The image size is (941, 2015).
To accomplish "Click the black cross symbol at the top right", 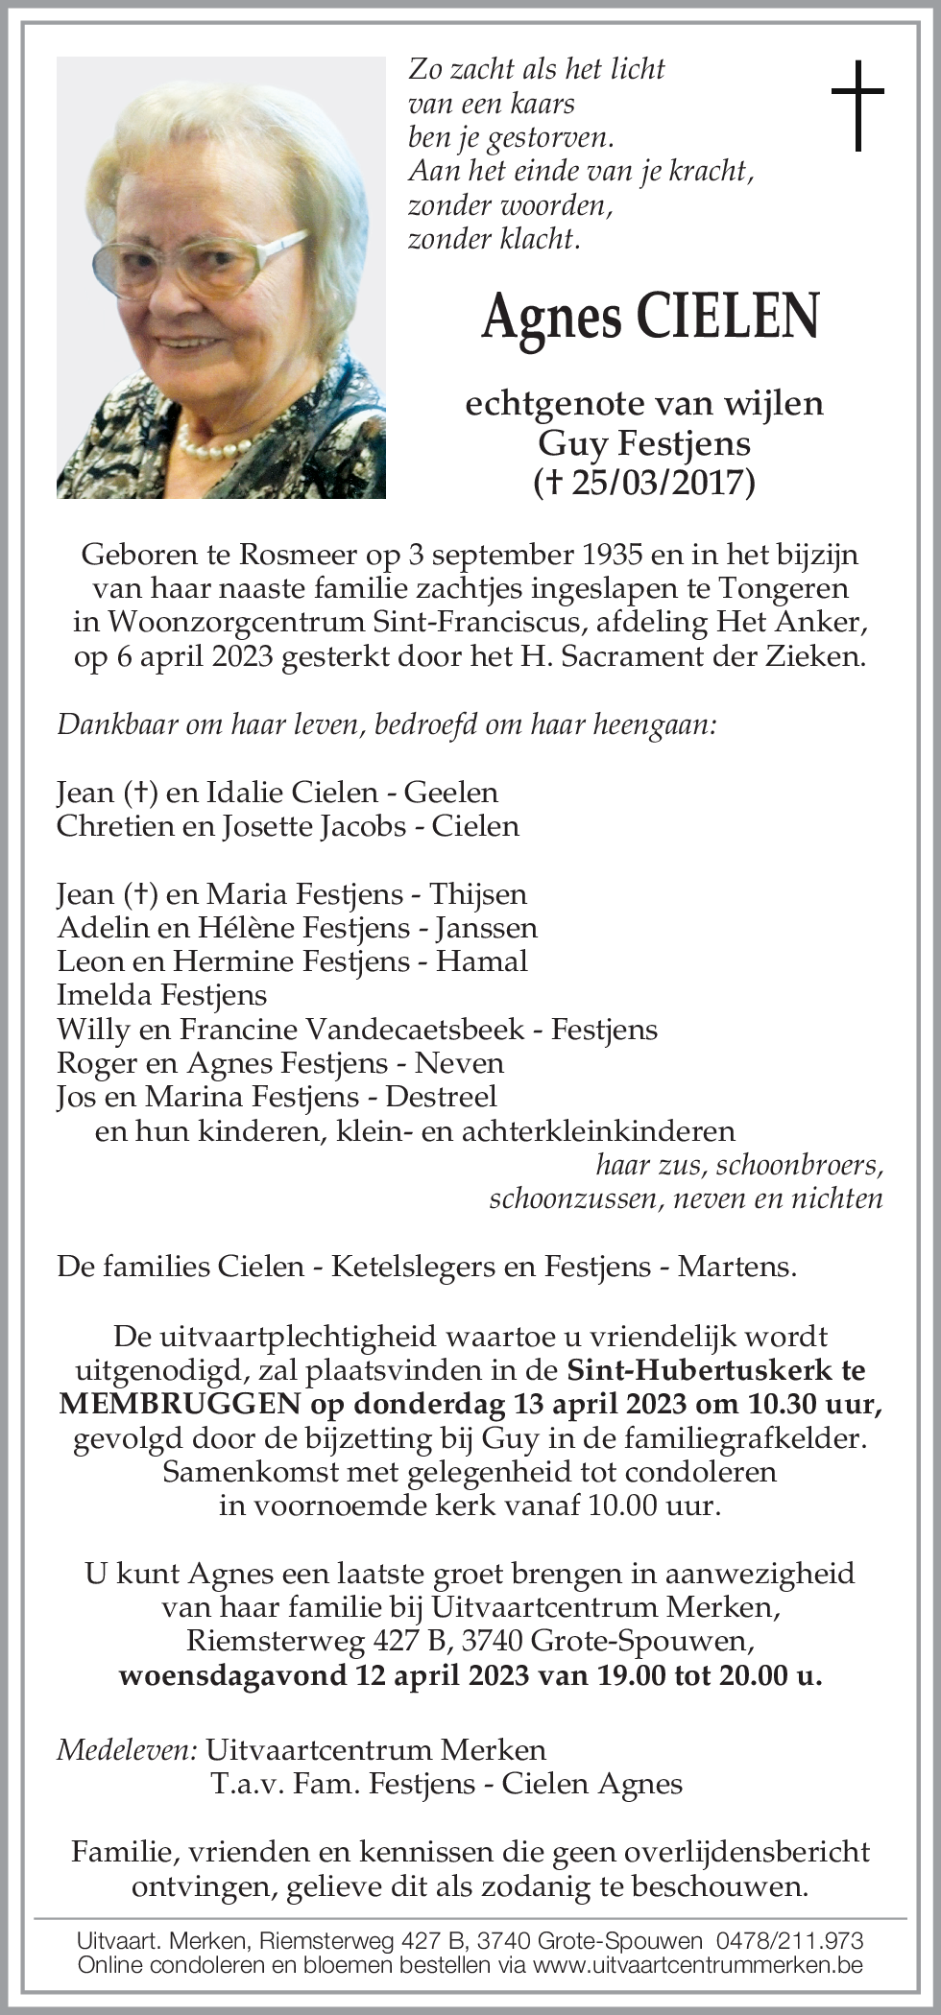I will pyautogui.click(x=857, y=106).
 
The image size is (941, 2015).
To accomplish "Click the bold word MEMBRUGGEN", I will pyautogui.click(x=180, y=1404).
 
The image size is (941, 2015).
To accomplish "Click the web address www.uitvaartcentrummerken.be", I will pyautogui.click(x=697, y=1964).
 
